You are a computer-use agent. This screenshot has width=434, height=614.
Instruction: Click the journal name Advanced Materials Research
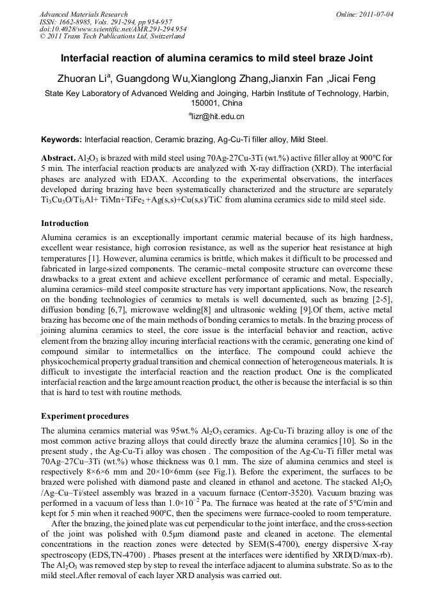[x=83, y=13]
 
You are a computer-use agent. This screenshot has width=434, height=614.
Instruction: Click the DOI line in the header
[x=113, y=29]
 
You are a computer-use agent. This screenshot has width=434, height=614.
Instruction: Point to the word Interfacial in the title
[x=87, y=58]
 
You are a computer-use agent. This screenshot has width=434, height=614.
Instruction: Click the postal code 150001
[x=204, y=102]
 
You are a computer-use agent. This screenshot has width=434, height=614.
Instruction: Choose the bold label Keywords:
[x=61, y=139]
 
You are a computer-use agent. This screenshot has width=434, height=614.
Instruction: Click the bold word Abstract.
[x=58, y=158]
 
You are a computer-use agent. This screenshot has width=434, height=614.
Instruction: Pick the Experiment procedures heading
[x=84, y=416]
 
